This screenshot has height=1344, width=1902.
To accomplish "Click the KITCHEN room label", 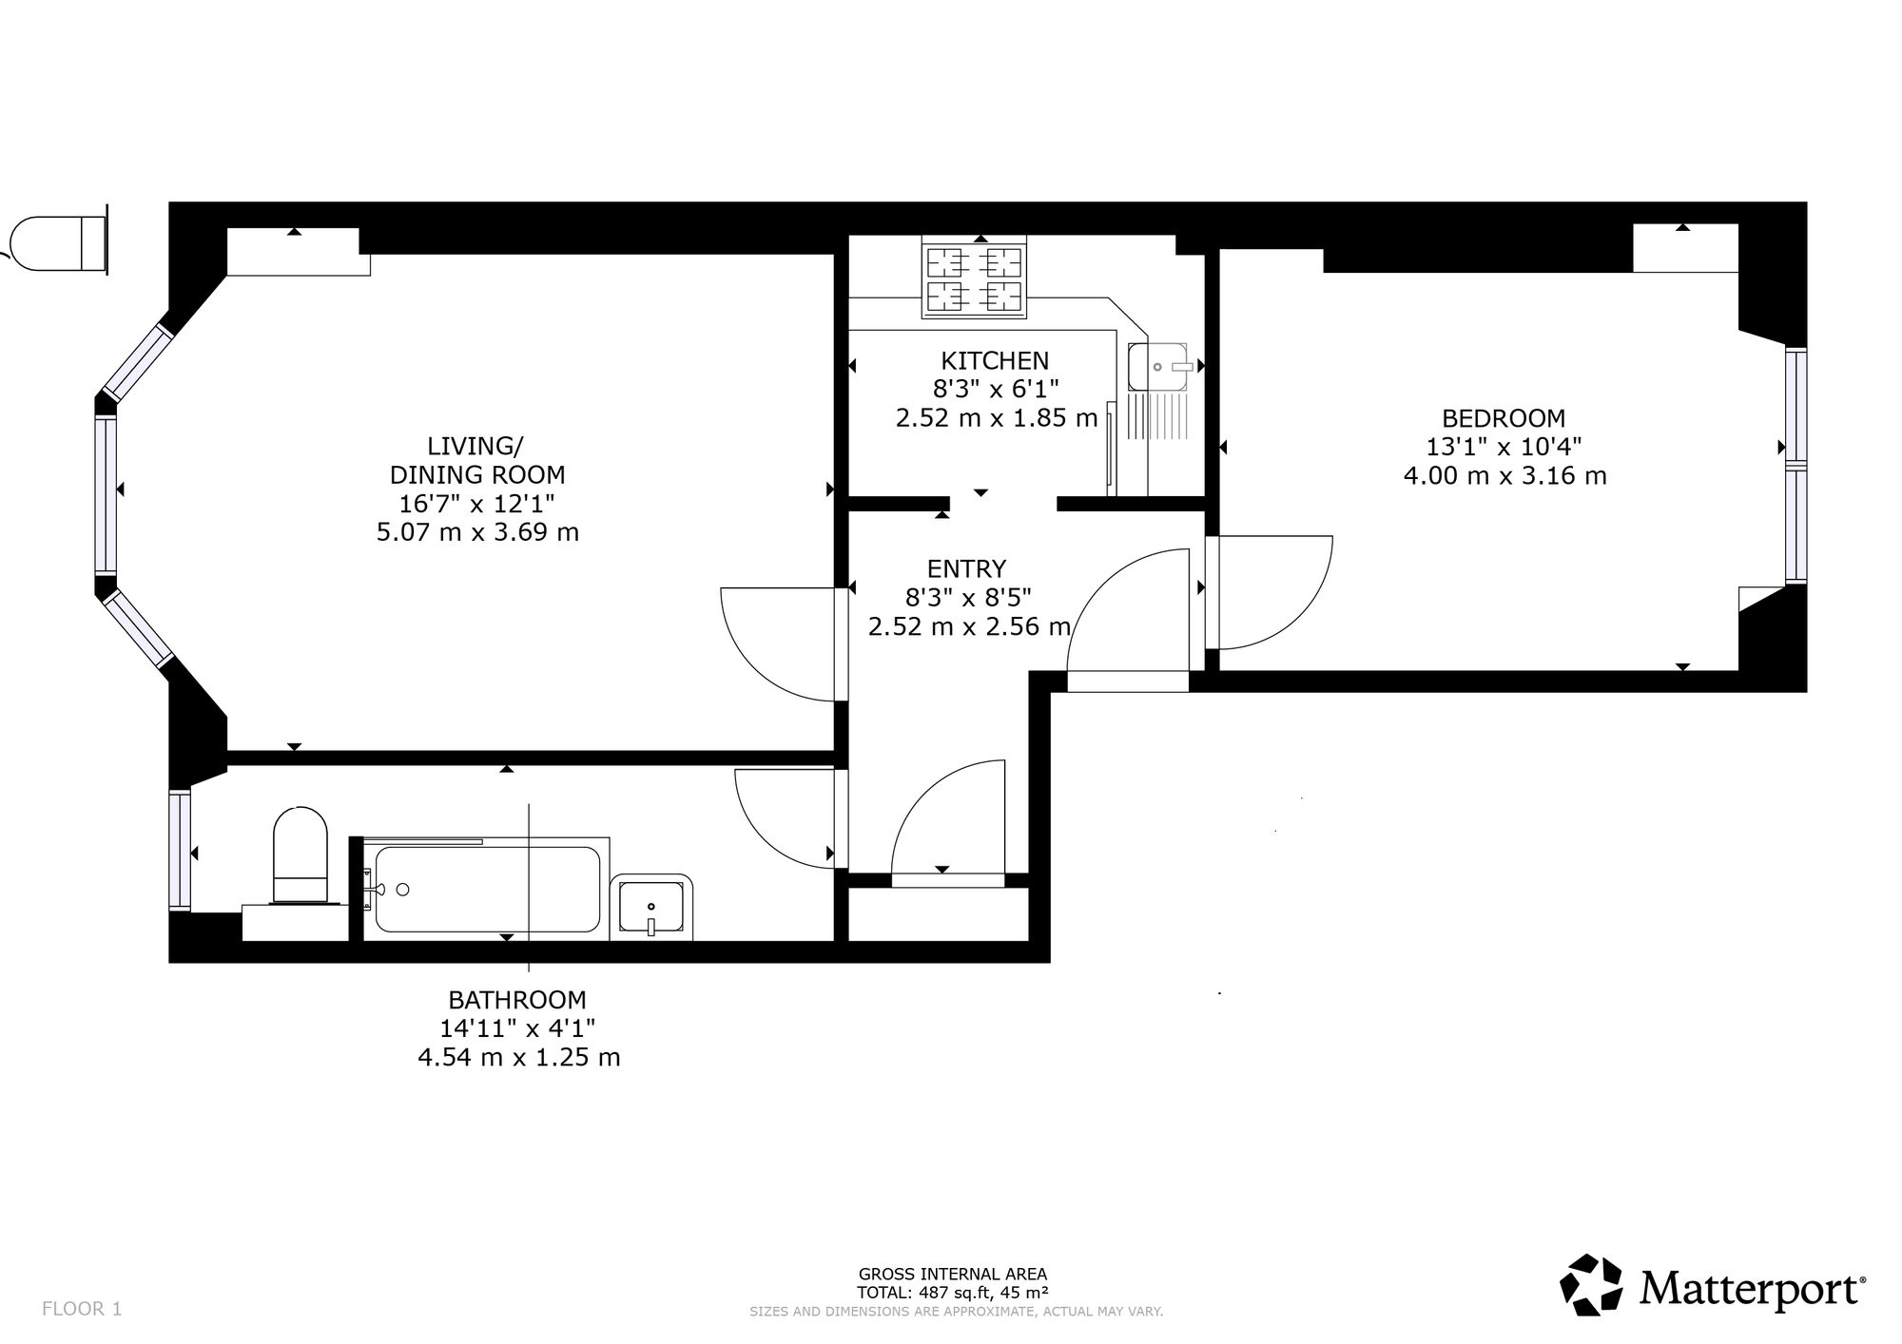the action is [995, 361].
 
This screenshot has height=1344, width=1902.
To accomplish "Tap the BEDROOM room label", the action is [1504, 418].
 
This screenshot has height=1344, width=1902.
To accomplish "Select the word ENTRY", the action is [966, 568].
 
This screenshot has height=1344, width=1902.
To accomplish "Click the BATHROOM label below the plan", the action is [517, 1000].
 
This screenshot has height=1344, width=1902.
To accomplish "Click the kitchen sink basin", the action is [1158, 367].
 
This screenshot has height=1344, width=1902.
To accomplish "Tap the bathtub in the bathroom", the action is [487, 889].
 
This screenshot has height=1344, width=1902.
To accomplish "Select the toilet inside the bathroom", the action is [300, 854].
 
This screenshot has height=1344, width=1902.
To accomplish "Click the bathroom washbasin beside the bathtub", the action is [651, 907].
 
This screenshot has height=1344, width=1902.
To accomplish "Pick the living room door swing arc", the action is [751, 665].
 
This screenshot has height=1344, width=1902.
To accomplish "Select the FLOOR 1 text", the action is [82, 1308].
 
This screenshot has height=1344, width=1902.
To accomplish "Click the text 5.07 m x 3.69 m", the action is [477, 532].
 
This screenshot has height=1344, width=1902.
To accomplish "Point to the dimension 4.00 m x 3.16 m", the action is [1504, 475].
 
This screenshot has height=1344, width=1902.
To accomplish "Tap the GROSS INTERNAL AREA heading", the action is [952, 1274].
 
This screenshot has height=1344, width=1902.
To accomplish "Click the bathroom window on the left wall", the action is [180, 850].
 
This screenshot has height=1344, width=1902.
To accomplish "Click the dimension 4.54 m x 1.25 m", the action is [518, 1057].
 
